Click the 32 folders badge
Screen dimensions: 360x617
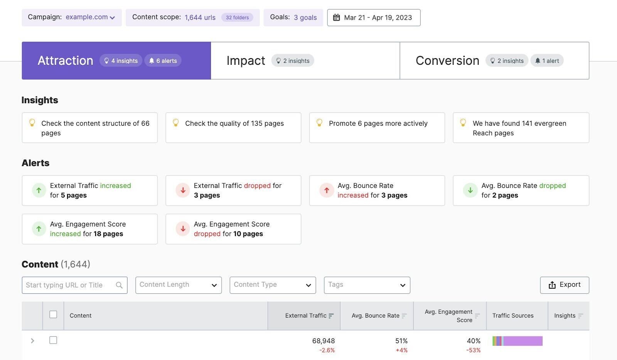[237, 17]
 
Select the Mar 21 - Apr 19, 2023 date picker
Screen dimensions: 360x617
[373, 18]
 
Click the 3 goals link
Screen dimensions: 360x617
[305, 17]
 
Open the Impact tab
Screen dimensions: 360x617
[305, 61]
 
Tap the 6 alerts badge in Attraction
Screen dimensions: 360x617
[163, 61]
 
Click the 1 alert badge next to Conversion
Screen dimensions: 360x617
[547, 61]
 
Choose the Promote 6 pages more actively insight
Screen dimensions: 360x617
[377, 128]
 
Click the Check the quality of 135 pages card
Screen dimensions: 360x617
[233, 128]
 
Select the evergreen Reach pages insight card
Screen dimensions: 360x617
[521, 128]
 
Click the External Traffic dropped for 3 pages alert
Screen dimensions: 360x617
[233, 191]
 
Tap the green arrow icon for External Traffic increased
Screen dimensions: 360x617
[39, 190]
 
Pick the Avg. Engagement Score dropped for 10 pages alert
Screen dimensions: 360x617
[233, 229]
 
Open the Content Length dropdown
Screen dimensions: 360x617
[178, 285]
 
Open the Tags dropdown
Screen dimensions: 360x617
[367, 285]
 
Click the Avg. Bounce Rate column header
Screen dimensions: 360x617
[376, 316]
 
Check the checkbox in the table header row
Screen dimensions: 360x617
[53, 314]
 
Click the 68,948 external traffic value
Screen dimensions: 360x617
[323, 341]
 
